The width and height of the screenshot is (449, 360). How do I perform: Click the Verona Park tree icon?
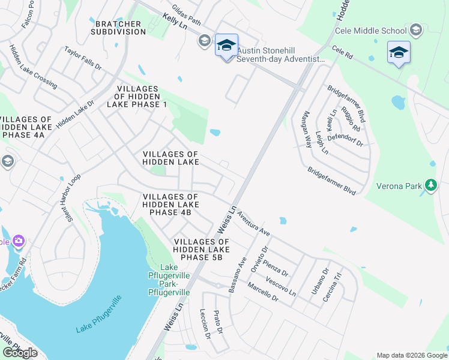click(430, 186)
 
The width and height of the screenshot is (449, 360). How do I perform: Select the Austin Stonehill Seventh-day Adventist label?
click(280, 55)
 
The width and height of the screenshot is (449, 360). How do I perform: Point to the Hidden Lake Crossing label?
click(33, 67)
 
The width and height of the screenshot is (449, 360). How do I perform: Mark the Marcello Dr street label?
click(263, 291)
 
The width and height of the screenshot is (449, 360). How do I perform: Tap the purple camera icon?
click(19, 241)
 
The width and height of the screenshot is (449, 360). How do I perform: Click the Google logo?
click(20, 353)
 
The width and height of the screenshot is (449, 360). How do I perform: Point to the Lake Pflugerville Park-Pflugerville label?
click(169, 280)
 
